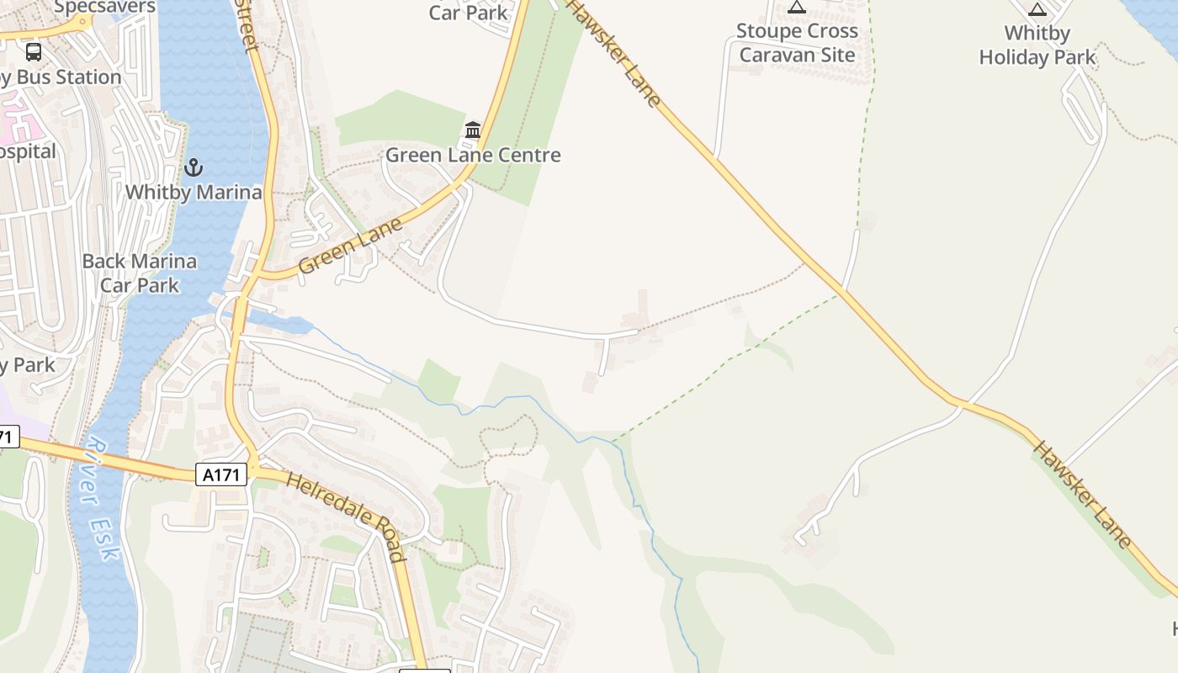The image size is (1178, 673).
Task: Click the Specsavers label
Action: pyautogui.click(x=104, y=7)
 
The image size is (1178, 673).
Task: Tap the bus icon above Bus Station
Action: pyautogui.click(x=34, y=52)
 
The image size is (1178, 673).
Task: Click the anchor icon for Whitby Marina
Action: pyautogui.click(x=194, y=167)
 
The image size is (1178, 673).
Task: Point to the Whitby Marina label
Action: pyautogui.click(x=194, y=192)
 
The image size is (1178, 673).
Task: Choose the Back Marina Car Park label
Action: pyautogui.click(x=140, y=273)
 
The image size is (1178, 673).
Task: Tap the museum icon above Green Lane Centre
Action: pyautogui.click(x=473, y=130)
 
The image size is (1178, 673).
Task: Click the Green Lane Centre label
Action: pyautogui.click(x=473, y=155)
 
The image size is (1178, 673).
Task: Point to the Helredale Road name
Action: pyautogui.click(x=347, y=516)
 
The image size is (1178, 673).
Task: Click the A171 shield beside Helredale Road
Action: pyautogui.click(x=223, y=474)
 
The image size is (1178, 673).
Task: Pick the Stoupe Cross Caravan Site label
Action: pyautogui.click(x=797, y=43)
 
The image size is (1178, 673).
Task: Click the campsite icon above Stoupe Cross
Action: pyautogui.click(x=797, y=8)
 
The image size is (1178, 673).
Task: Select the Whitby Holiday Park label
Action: pyautogui.click(x=1037, y=45)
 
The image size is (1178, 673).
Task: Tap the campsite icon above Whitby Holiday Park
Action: pyautogui.click(x=1037, y=9)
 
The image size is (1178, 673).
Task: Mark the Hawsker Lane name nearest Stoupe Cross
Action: pyautogui.click(x=613, y=52)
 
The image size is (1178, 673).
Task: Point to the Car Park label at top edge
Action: pyautogui.click(x=469, y=13)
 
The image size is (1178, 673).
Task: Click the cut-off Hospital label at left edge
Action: pyautogui.click(x=27, y=151)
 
